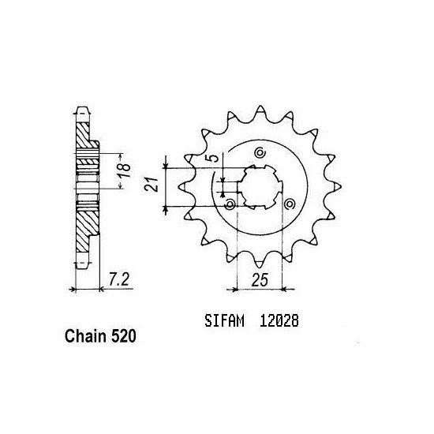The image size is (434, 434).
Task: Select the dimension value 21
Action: [x=156, y=186]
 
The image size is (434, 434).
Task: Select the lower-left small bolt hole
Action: [x=230, y=204]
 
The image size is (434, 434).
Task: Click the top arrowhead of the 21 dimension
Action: [x=166, y=169]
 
